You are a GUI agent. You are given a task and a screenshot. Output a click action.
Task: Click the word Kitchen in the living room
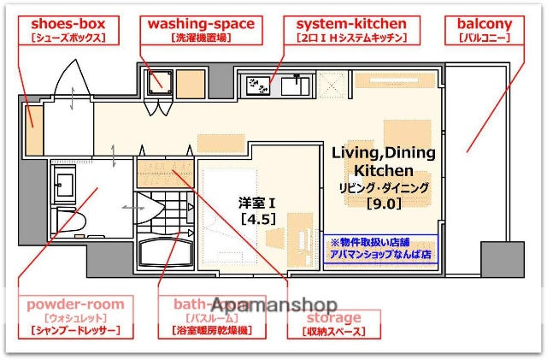pos(384,170)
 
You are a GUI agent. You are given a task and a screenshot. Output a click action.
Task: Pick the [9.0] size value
pos(384,204)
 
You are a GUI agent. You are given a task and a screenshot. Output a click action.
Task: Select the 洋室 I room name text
pos(255,204)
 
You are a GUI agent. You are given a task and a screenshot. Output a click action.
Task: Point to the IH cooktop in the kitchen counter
pos(256,85)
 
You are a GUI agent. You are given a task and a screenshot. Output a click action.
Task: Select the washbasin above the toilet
pos(65,181)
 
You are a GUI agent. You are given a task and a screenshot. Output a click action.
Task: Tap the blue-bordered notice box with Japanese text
pos(379,248)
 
